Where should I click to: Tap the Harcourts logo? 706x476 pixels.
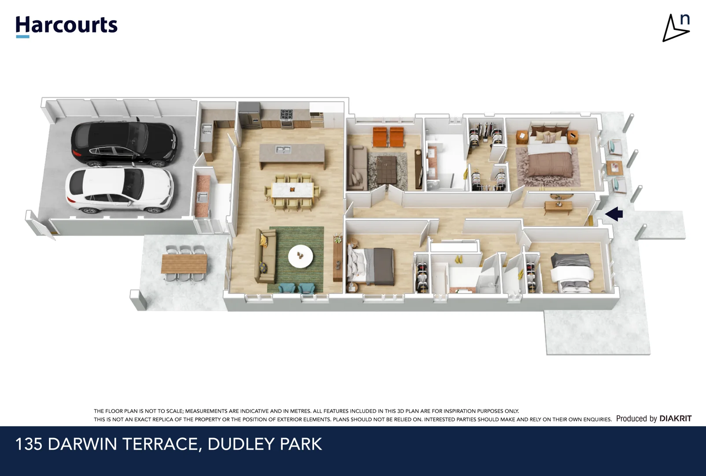click(x=67, y=26)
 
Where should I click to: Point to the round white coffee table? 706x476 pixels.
click(x=300, y=256)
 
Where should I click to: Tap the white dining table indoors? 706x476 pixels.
click(x=292, y=190)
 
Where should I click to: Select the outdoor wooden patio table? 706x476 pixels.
click(x=184, y=264)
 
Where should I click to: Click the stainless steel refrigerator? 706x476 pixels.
click(x=249, y=115)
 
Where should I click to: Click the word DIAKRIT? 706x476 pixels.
click(x=675, y=418)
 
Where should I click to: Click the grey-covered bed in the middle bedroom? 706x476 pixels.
click(x=372, y=265)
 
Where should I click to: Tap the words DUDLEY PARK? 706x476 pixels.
click(x=265, y=444)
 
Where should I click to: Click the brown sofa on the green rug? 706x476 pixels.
click(x=266, y=257)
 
